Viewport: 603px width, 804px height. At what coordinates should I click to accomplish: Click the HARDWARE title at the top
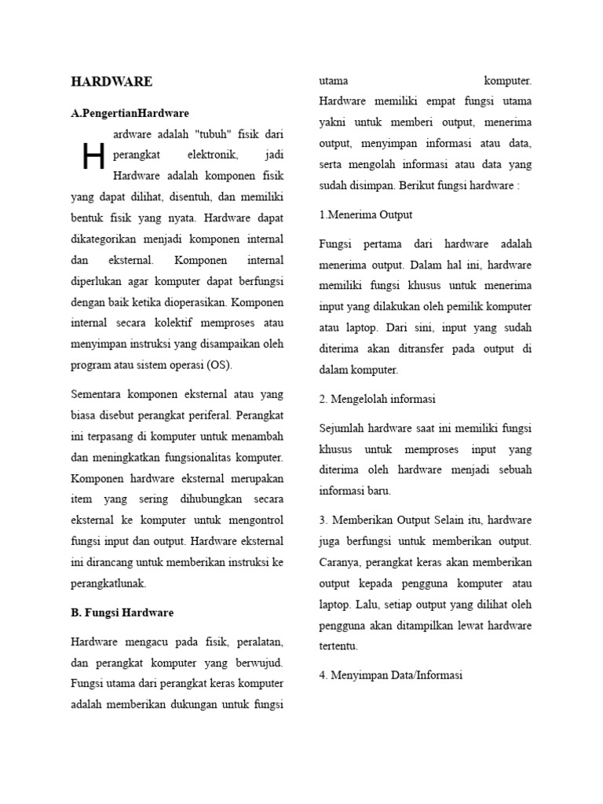coord(111,82)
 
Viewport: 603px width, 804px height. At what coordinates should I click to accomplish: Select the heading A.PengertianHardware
coord(130,113)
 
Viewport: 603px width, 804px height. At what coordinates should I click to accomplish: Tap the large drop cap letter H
coord(93,157)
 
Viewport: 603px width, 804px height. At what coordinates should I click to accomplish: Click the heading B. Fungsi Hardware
coord(122,612)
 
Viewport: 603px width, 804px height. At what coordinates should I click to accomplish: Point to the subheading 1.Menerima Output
coord(366,214)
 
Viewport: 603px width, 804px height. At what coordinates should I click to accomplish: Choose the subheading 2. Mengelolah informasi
coord(377,399)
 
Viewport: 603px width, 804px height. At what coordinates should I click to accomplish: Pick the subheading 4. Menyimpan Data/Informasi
coord(391,675)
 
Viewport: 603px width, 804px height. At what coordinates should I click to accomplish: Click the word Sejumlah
coord(342,429)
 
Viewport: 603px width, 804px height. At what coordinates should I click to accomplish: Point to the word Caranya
coord(342,563)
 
